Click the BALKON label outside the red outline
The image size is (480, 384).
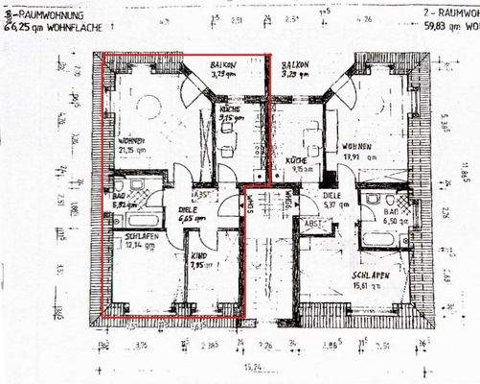tap(294, 67)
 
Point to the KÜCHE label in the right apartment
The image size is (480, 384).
tap(297, 164)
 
